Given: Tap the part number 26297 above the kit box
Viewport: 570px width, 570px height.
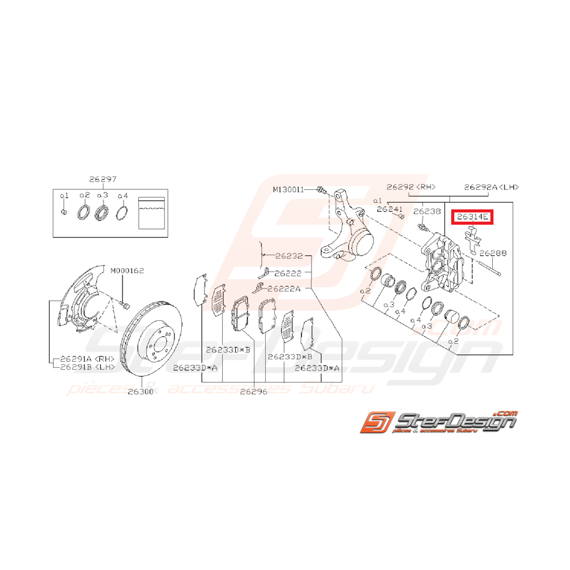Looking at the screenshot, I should point(102,179).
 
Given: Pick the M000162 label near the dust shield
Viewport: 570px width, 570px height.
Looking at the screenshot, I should point(127,270).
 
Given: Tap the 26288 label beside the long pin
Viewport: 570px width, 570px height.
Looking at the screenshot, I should point(493,252).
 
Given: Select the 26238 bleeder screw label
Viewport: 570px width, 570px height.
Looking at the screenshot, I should point(427,211).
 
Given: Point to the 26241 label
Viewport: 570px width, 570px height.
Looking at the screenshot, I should point(390,209).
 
